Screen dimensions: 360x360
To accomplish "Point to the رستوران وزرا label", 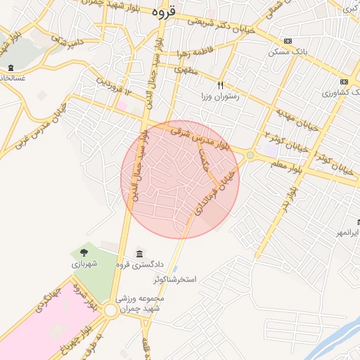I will (221, 96).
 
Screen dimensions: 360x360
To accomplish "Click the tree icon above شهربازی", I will (84, 251).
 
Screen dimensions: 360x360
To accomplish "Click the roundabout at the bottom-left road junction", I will (110, 311).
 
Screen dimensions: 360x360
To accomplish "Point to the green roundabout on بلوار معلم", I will (250, 155).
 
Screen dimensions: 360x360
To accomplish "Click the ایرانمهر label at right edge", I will (347, 232).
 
